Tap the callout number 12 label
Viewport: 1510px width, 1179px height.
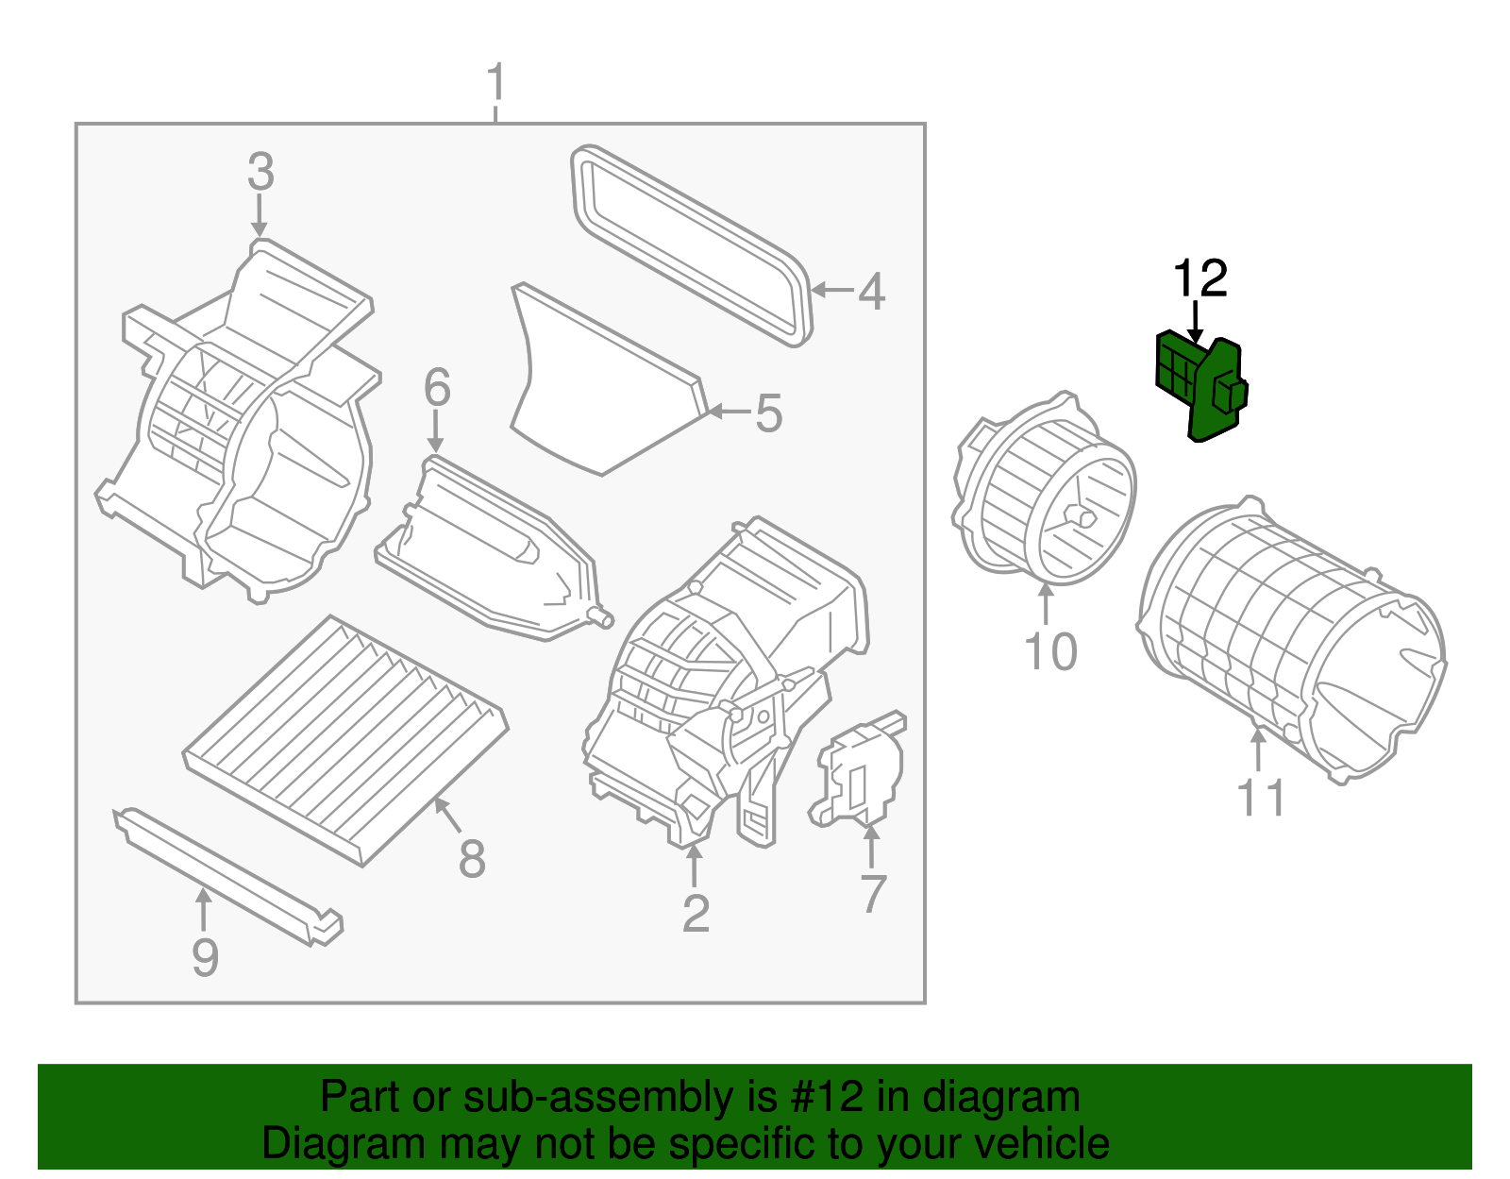[x=1200, y=279]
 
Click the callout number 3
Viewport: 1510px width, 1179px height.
[x=260, y=173]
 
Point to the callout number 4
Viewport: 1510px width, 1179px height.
[x=871, y=292]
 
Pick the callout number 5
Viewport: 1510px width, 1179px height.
[x=768, y=414]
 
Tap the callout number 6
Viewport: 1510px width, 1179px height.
[x=437, y=388]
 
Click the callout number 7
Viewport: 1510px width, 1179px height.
[x=873, y=893]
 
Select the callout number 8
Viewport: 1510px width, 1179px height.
[x=472, y=859]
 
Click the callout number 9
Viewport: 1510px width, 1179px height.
[x=205, y=957]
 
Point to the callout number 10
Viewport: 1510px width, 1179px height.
[x=1050, y=652]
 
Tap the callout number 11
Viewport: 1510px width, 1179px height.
[x=1261, y=799]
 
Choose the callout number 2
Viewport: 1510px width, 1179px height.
[x=696, y=914]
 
